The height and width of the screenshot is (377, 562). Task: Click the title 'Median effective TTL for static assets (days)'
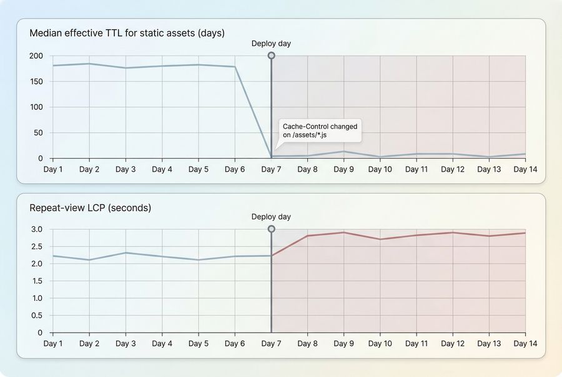127,33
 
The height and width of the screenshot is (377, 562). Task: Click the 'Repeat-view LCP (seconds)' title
90,208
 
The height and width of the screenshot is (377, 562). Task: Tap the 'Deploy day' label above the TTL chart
271,44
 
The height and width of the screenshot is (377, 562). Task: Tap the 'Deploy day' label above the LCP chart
271,217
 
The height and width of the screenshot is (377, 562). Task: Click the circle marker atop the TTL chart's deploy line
271,56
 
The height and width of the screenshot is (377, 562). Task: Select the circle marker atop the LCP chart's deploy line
271,229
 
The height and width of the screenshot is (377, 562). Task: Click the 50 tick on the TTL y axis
38,133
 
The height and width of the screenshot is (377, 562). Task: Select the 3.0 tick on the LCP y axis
36,229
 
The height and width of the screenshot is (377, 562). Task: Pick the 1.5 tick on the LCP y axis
36,281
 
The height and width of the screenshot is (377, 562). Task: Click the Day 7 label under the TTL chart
271,169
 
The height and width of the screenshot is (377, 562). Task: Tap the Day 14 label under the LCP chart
525,343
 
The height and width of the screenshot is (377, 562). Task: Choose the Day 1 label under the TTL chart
52,169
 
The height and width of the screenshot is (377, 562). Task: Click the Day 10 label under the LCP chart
380,343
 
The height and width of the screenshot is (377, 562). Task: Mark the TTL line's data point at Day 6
235,67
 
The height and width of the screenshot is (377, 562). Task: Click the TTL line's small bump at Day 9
343,152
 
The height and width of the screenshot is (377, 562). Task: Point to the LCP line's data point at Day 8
307,236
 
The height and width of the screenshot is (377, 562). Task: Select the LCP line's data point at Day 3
126,253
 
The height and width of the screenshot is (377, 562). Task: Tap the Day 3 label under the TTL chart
126,169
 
